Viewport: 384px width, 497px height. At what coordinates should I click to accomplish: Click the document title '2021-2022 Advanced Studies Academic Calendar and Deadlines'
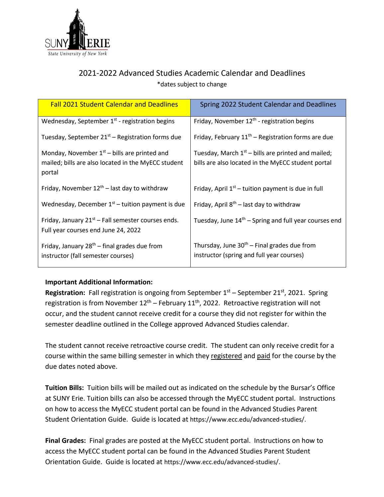pos(192,73)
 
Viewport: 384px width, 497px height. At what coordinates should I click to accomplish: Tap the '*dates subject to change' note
pos(192,84)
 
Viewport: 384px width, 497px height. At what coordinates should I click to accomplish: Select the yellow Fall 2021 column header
pos(114,105)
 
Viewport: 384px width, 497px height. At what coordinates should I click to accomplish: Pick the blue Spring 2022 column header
pos(268,105)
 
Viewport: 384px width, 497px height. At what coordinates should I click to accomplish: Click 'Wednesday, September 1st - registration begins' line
pos(108,121)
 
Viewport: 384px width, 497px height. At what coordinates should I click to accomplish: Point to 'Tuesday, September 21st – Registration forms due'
pos(111,137)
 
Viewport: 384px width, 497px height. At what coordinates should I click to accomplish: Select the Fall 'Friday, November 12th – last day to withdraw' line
pos(104,188)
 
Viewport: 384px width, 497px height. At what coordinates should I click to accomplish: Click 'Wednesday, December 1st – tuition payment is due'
pos(113,204)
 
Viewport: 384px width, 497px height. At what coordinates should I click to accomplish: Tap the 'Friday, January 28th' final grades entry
pos(102,251)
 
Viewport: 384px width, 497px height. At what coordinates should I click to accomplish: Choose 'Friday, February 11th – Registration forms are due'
pos(263,137)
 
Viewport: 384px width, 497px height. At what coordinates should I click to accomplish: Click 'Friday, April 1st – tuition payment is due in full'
pos(258,189)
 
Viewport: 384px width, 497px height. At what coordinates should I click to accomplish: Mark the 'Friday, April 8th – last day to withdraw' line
pos(247,205)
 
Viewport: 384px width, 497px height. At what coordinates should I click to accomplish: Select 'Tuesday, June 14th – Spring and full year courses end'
pos(267,221)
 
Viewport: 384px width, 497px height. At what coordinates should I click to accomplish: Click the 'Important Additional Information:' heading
pos(99,282)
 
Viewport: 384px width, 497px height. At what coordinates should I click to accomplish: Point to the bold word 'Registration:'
pos(65,293)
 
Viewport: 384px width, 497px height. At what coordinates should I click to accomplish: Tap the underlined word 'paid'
pos(263,356)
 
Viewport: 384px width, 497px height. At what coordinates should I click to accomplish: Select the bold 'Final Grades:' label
pos(65,441)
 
